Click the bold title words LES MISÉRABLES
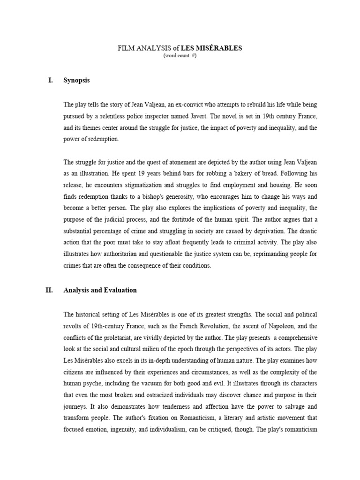tap(217, 48)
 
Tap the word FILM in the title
tap(124, 48)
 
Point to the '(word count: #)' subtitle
tap(180, 56)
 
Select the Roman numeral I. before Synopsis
tap(51, 80)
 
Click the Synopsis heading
tap(76, 80)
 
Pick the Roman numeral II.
tap(49, 290)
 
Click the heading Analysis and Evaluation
tap(100, 290)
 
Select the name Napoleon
tap(283, 326)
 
